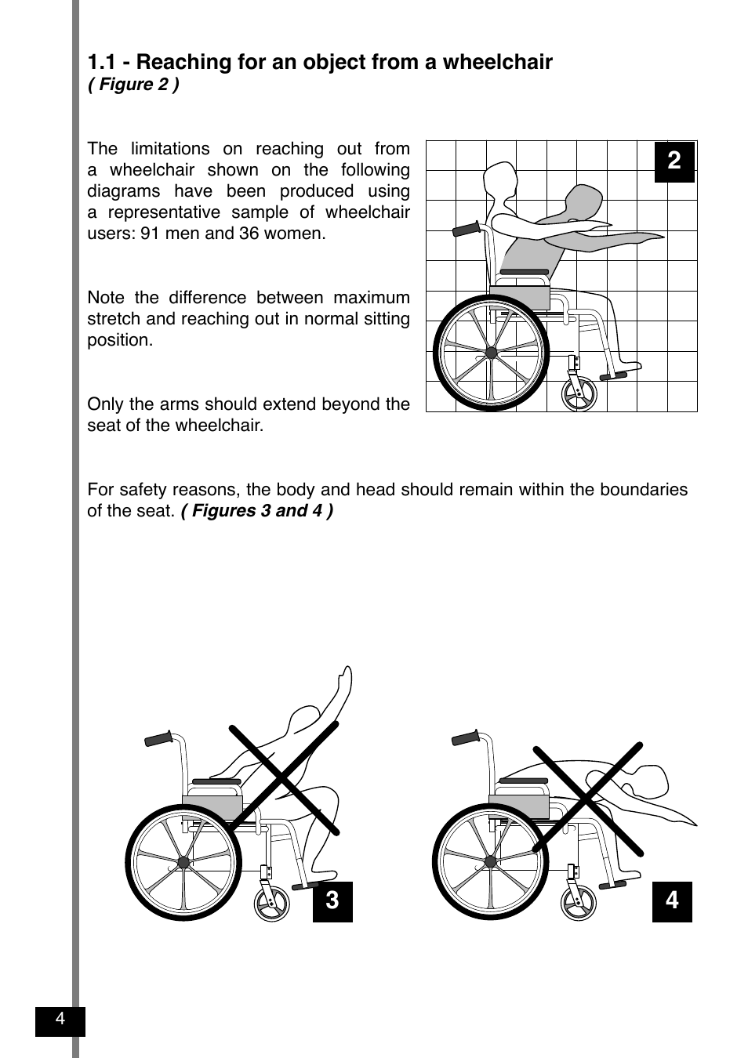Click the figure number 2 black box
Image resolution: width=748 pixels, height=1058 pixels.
point(674,161)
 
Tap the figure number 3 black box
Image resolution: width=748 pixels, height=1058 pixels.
point(332,900)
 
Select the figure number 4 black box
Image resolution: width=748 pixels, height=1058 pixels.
point(672,900)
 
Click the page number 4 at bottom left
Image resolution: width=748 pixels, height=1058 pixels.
point(60,1020)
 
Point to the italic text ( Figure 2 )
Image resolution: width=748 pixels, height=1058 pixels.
point(133,85)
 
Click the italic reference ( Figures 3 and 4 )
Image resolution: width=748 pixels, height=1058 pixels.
point(257,511)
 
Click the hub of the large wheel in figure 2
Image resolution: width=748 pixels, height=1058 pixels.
point(492,353)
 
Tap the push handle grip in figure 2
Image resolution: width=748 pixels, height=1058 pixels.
point(467,230)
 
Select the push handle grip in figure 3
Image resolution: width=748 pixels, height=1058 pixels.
point(158,739)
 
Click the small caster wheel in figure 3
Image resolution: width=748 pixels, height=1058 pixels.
point(272,903)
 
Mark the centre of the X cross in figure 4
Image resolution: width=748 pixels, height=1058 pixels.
point(589,798)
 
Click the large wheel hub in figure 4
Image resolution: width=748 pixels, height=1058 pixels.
point(491,862)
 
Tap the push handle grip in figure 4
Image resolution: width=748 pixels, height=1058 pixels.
point(466,738)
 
